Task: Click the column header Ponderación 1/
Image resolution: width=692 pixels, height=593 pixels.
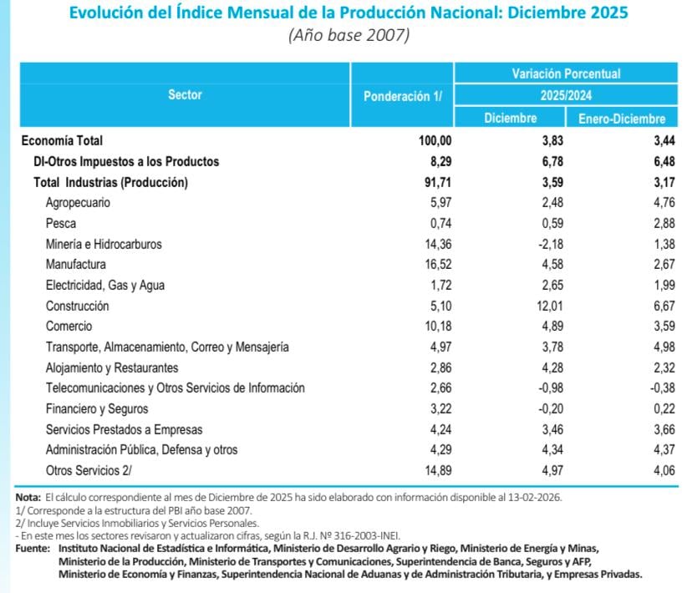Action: click(x=403, y=96)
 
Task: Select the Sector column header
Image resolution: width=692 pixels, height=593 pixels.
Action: click(x=185, y=95)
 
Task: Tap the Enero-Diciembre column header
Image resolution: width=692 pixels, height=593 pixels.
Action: click(x=622, y=119)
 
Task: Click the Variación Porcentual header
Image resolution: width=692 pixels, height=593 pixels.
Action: click(x=566, y=74)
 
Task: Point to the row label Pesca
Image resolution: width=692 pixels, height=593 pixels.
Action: click(x=61, y=223)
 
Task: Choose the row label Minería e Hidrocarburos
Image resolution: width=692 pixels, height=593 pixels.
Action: click(x=104, y=244)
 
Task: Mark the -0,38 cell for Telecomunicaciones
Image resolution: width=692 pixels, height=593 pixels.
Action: click(x=649, y=388)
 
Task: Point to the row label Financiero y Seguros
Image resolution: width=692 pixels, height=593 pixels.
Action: click(x=97, y=409)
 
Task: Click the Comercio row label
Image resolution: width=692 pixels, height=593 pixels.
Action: click(x=69, y=327)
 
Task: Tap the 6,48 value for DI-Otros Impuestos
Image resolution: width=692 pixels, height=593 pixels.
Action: click(x=651, y=161)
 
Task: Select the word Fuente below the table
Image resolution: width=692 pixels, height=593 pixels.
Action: click(x=33, y=548)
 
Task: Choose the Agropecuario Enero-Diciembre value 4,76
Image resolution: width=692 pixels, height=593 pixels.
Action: click(x=651, y=203)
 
